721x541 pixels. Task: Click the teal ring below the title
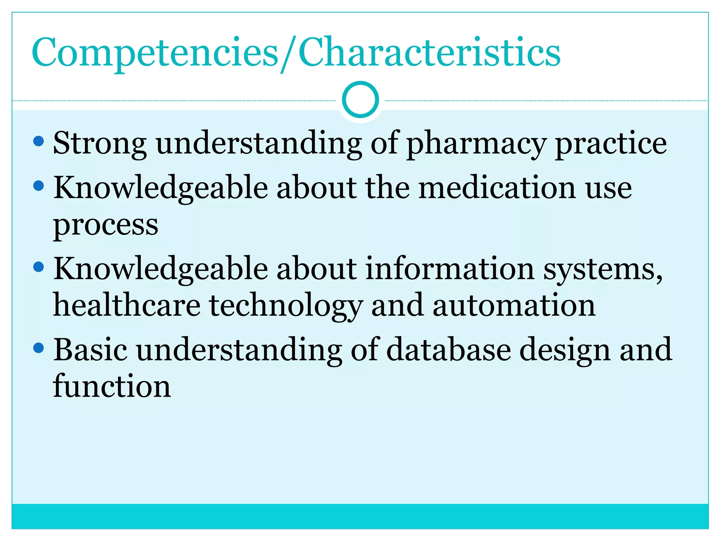360,100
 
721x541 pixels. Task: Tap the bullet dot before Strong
38,142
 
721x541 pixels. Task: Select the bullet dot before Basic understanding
38,348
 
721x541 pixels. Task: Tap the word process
106,225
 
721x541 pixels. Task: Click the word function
112,386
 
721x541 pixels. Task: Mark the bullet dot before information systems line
38,267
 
